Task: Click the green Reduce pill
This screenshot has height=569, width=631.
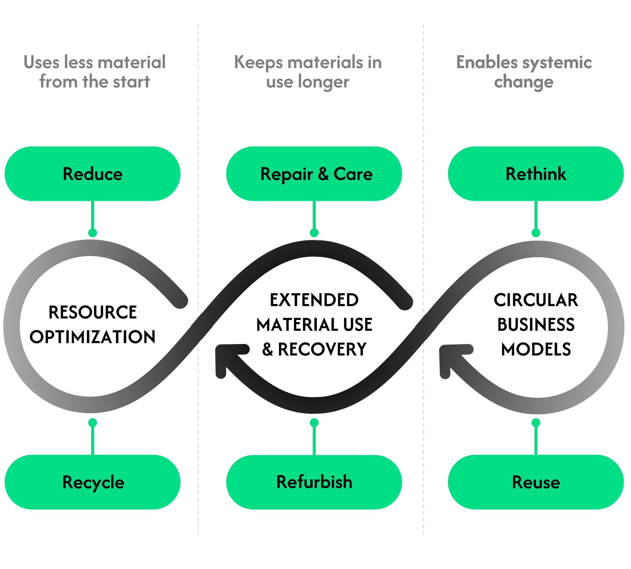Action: click(92, 174)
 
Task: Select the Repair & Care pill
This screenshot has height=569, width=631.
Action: click(314, 174)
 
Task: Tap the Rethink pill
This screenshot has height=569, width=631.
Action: click(536, 174)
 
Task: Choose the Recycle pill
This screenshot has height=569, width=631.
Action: click(92, 482)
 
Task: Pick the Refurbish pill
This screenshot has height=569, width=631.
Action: click(314, 482)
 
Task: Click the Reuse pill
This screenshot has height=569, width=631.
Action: click(536, 482)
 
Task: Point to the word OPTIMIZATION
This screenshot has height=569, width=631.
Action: click(92, 337)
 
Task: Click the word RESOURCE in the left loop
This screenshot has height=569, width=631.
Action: click(92, 312)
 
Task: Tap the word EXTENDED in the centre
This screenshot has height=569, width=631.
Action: click(314, 300)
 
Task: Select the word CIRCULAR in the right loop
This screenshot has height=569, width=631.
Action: click(536, 300)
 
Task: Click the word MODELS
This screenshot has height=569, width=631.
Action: click(536, 349)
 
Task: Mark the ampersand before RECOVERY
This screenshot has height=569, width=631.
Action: click(268, 349)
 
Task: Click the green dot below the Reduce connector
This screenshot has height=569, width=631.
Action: click(92, 233)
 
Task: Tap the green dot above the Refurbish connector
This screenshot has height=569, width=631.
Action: click(314, 423)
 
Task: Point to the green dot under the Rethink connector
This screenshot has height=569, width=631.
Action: click(536, 233)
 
